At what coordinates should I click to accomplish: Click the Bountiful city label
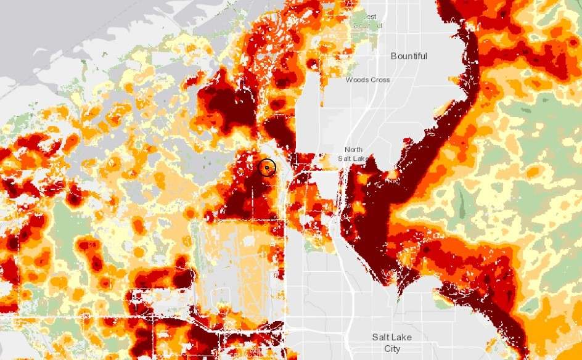click(409, 56)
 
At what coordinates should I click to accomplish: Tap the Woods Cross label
click(367, 80)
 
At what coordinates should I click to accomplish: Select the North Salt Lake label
click(354, 154)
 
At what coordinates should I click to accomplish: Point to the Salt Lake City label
click(391, 343)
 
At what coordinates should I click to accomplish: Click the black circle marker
click(266, 166)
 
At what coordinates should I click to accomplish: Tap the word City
click(392, 349)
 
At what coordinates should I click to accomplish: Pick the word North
click(354, 150)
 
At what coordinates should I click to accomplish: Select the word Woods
click(357, 80)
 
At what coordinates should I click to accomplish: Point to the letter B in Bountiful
click(394, 56)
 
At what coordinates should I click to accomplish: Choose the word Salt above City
click(382, 337)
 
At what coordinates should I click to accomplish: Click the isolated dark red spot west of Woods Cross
click(313, 63)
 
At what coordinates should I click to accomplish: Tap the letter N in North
click(347, 150)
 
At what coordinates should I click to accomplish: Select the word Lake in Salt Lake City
click(402, 337)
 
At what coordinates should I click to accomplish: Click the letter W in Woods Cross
click(349, 80)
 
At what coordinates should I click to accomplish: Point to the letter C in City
click(386, 349)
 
